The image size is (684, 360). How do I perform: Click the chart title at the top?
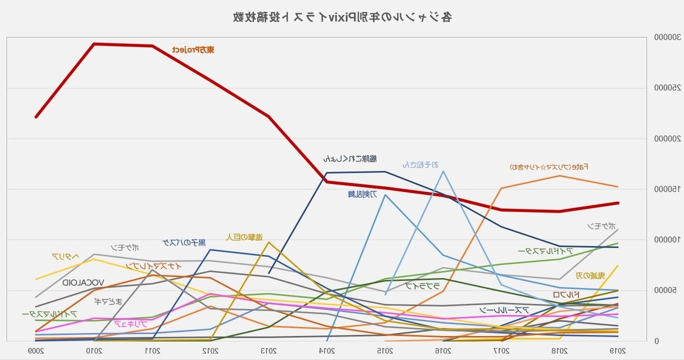point(343,17)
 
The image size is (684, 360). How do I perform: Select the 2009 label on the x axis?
point(36,350)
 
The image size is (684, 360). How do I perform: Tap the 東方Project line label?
point(193,50)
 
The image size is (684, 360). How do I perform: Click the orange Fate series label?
point(549,167)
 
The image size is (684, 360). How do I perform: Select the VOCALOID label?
point(83,282)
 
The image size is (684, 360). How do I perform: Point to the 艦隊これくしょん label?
point(349,158)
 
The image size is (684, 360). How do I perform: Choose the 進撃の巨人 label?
point(244,236)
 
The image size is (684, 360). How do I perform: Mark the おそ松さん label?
point(420,165)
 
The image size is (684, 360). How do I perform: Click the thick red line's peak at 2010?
point(94,44)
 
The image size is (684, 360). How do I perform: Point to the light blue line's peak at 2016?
point(443,171)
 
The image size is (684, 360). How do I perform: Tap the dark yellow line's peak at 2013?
point(268,243)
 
